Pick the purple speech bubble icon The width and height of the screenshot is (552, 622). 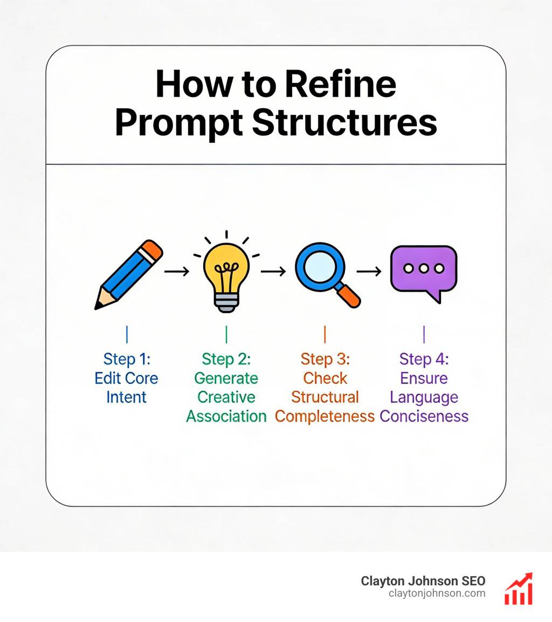(x=424, y=271)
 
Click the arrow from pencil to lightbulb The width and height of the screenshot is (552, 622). (x=176, y=272)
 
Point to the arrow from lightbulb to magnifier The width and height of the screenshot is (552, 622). (x=273, y=272)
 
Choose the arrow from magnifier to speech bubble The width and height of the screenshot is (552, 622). (x=369, y=272)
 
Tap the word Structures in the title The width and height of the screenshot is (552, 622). (x=344, y=122)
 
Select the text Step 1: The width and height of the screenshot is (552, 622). (x=126, y=359)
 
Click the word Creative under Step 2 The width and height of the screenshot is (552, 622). (x=226, y=397)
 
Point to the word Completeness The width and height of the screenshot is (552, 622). (x=325, y=416)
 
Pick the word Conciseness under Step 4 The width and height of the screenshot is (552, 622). (x=424, y=416)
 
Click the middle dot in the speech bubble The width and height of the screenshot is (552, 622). (x=424, y=268)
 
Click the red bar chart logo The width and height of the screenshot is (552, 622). (x=518, y=589)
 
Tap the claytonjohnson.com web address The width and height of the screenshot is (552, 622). (x=437, y=593)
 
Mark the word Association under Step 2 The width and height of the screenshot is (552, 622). (x=226, y=416)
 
